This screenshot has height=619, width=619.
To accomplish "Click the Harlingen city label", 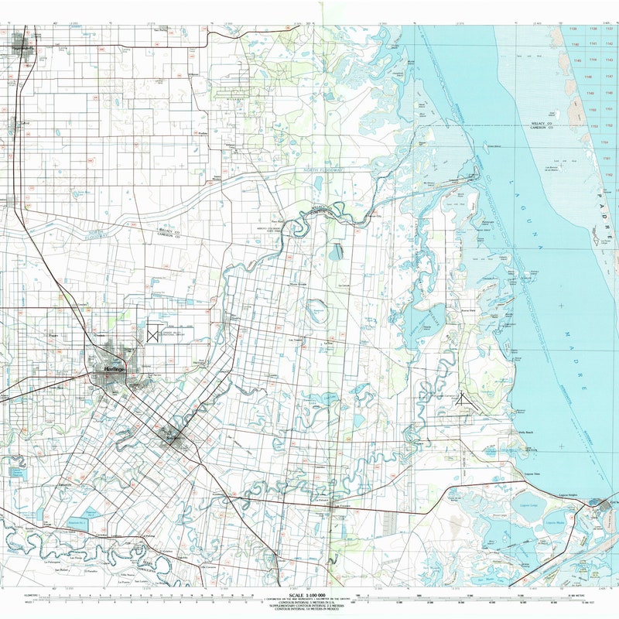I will pyautogui.click(x=114, y=371).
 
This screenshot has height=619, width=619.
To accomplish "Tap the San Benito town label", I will pyautogui.click(x=172, y=439).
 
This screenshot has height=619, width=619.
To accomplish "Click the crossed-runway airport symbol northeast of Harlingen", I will pyautogui.click(x=152, y=334).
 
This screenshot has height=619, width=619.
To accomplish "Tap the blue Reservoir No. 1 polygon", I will pyautogui.click(x=89, y=513).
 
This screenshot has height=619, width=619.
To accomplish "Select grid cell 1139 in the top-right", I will pyautogui.click(x=573, y=29).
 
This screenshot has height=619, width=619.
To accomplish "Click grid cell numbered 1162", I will pyautogui.click(x=609, y=174).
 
